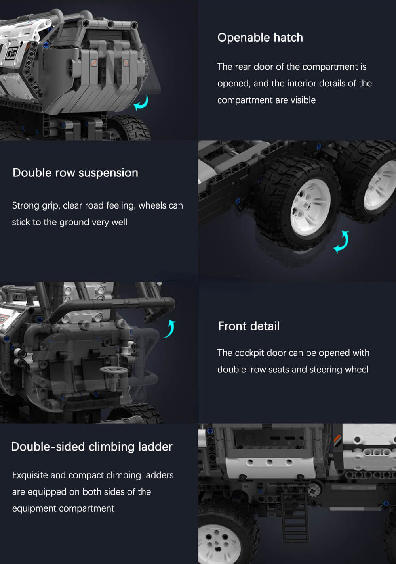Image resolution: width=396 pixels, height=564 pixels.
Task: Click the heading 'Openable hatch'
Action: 260,38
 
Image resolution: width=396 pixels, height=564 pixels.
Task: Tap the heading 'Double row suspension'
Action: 75,173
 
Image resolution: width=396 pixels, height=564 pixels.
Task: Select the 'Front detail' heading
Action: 249,326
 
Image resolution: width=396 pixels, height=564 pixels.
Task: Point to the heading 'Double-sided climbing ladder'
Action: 92,447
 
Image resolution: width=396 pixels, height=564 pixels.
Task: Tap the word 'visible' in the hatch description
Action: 303,100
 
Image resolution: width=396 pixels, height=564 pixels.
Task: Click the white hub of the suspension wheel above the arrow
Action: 310,207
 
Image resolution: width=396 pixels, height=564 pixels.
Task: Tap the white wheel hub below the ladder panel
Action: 219,544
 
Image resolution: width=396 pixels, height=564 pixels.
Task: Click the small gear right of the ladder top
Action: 314,491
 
